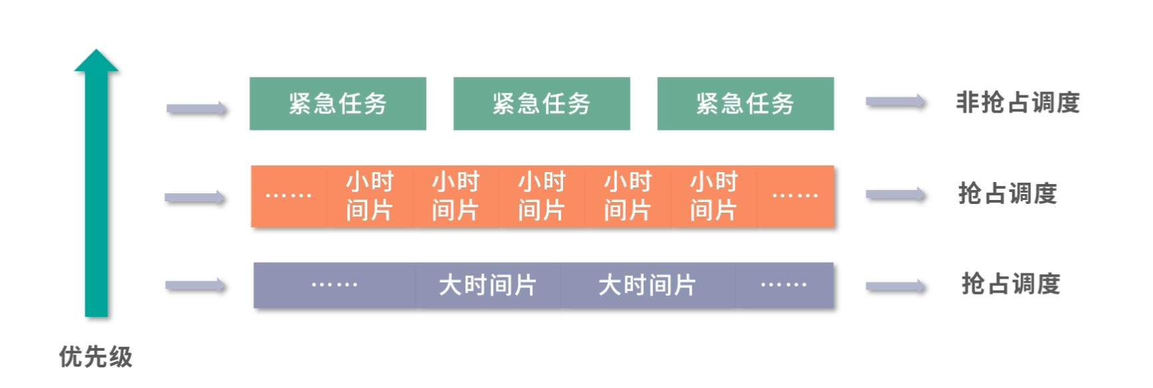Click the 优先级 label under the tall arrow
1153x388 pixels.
pos(96,357)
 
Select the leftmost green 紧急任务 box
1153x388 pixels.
pos(338,103)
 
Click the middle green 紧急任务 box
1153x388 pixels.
pos(542,103)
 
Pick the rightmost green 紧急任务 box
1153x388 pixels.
pos(745,103)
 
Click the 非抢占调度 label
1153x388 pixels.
pos(1018,103)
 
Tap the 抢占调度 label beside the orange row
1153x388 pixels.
pos(1008,193)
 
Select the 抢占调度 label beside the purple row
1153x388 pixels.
pos(1010,284)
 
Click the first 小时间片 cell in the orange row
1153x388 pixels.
pos(369,196)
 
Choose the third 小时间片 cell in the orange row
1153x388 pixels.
pos(542,196)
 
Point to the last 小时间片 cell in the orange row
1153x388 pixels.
pos(713,196)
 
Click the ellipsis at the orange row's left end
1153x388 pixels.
pos(289,196)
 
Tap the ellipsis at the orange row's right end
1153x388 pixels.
pos(794,196)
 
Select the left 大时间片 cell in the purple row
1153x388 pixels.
pos(488,285)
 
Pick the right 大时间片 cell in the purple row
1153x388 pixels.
pos(647,285)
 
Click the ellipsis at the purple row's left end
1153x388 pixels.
pos(335,285)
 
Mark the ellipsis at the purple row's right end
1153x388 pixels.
pos(784,285)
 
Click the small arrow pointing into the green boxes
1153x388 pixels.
pos(197,109)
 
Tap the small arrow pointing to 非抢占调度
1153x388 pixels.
pos(896,102)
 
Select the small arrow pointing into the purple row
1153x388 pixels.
pos(196,286)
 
